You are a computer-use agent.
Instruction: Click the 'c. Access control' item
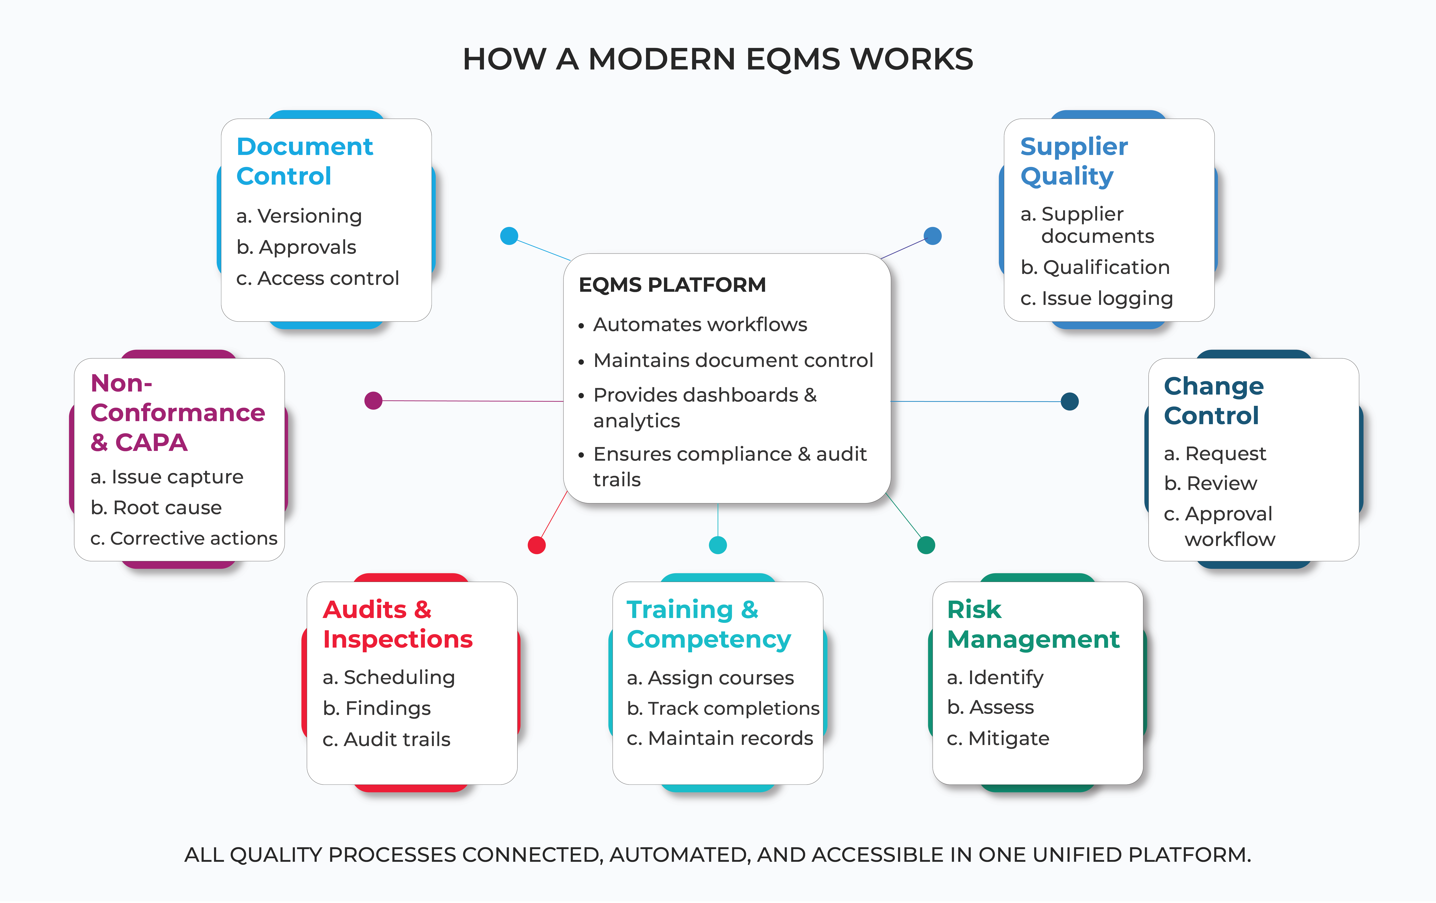[317, 278]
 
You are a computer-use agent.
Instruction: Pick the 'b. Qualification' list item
[1095, 267]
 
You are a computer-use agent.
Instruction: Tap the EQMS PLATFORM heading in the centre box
[672, 285]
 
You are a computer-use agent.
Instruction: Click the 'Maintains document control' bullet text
[733, 360]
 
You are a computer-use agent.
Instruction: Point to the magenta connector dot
[373, 401]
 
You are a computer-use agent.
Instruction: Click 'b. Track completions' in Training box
[723, 709]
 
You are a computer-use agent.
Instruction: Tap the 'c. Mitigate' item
[998, 738]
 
